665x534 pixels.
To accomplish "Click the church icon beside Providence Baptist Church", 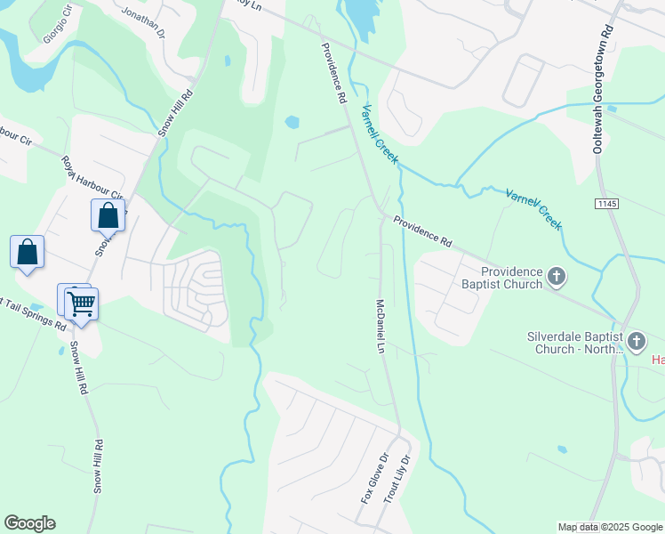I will pos(557,278).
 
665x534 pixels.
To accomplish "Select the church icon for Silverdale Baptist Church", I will pos(637,342).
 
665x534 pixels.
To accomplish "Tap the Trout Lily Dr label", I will pos(397,481).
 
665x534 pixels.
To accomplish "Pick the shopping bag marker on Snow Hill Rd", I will pos(108,215).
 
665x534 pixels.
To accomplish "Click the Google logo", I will pos(29,523).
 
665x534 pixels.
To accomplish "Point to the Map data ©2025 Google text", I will pos(609,527).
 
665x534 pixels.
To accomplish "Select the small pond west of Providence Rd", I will pos(292,122).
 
